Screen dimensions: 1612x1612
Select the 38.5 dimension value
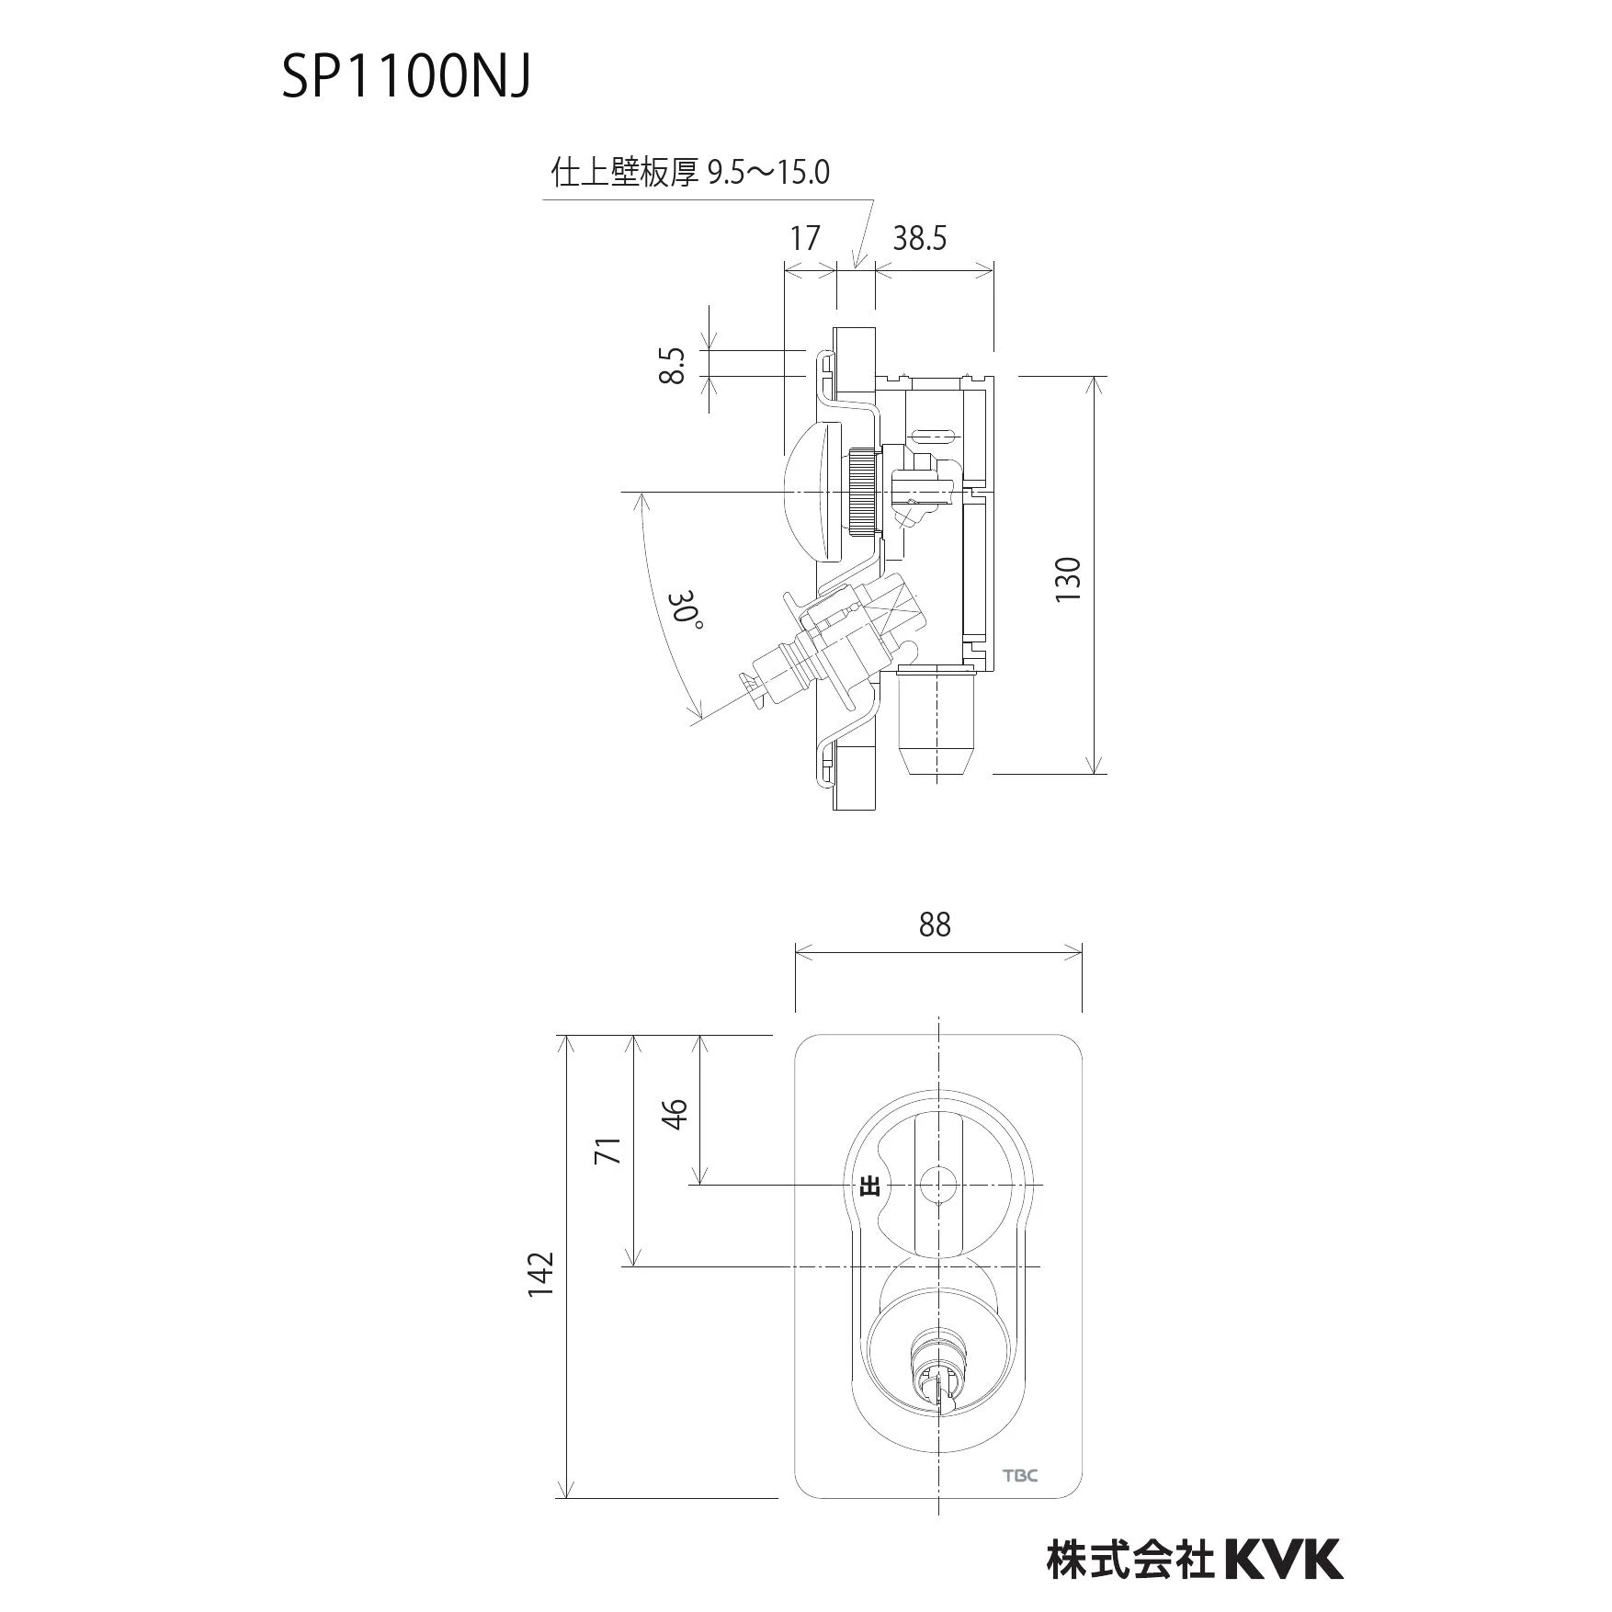(919, 239)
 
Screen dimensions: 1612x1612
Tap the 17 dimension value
(805, 239)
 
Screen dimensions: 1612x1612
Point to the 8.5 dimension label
(674, 365)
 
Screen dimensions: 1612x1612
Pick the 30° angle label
(688, 610)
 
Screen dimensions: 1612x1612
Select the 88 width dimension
(935, 925)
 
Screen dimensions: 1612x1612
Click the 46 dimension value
(675, 1113)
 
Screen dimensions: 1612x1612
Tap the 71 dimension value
(608, 1150)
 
